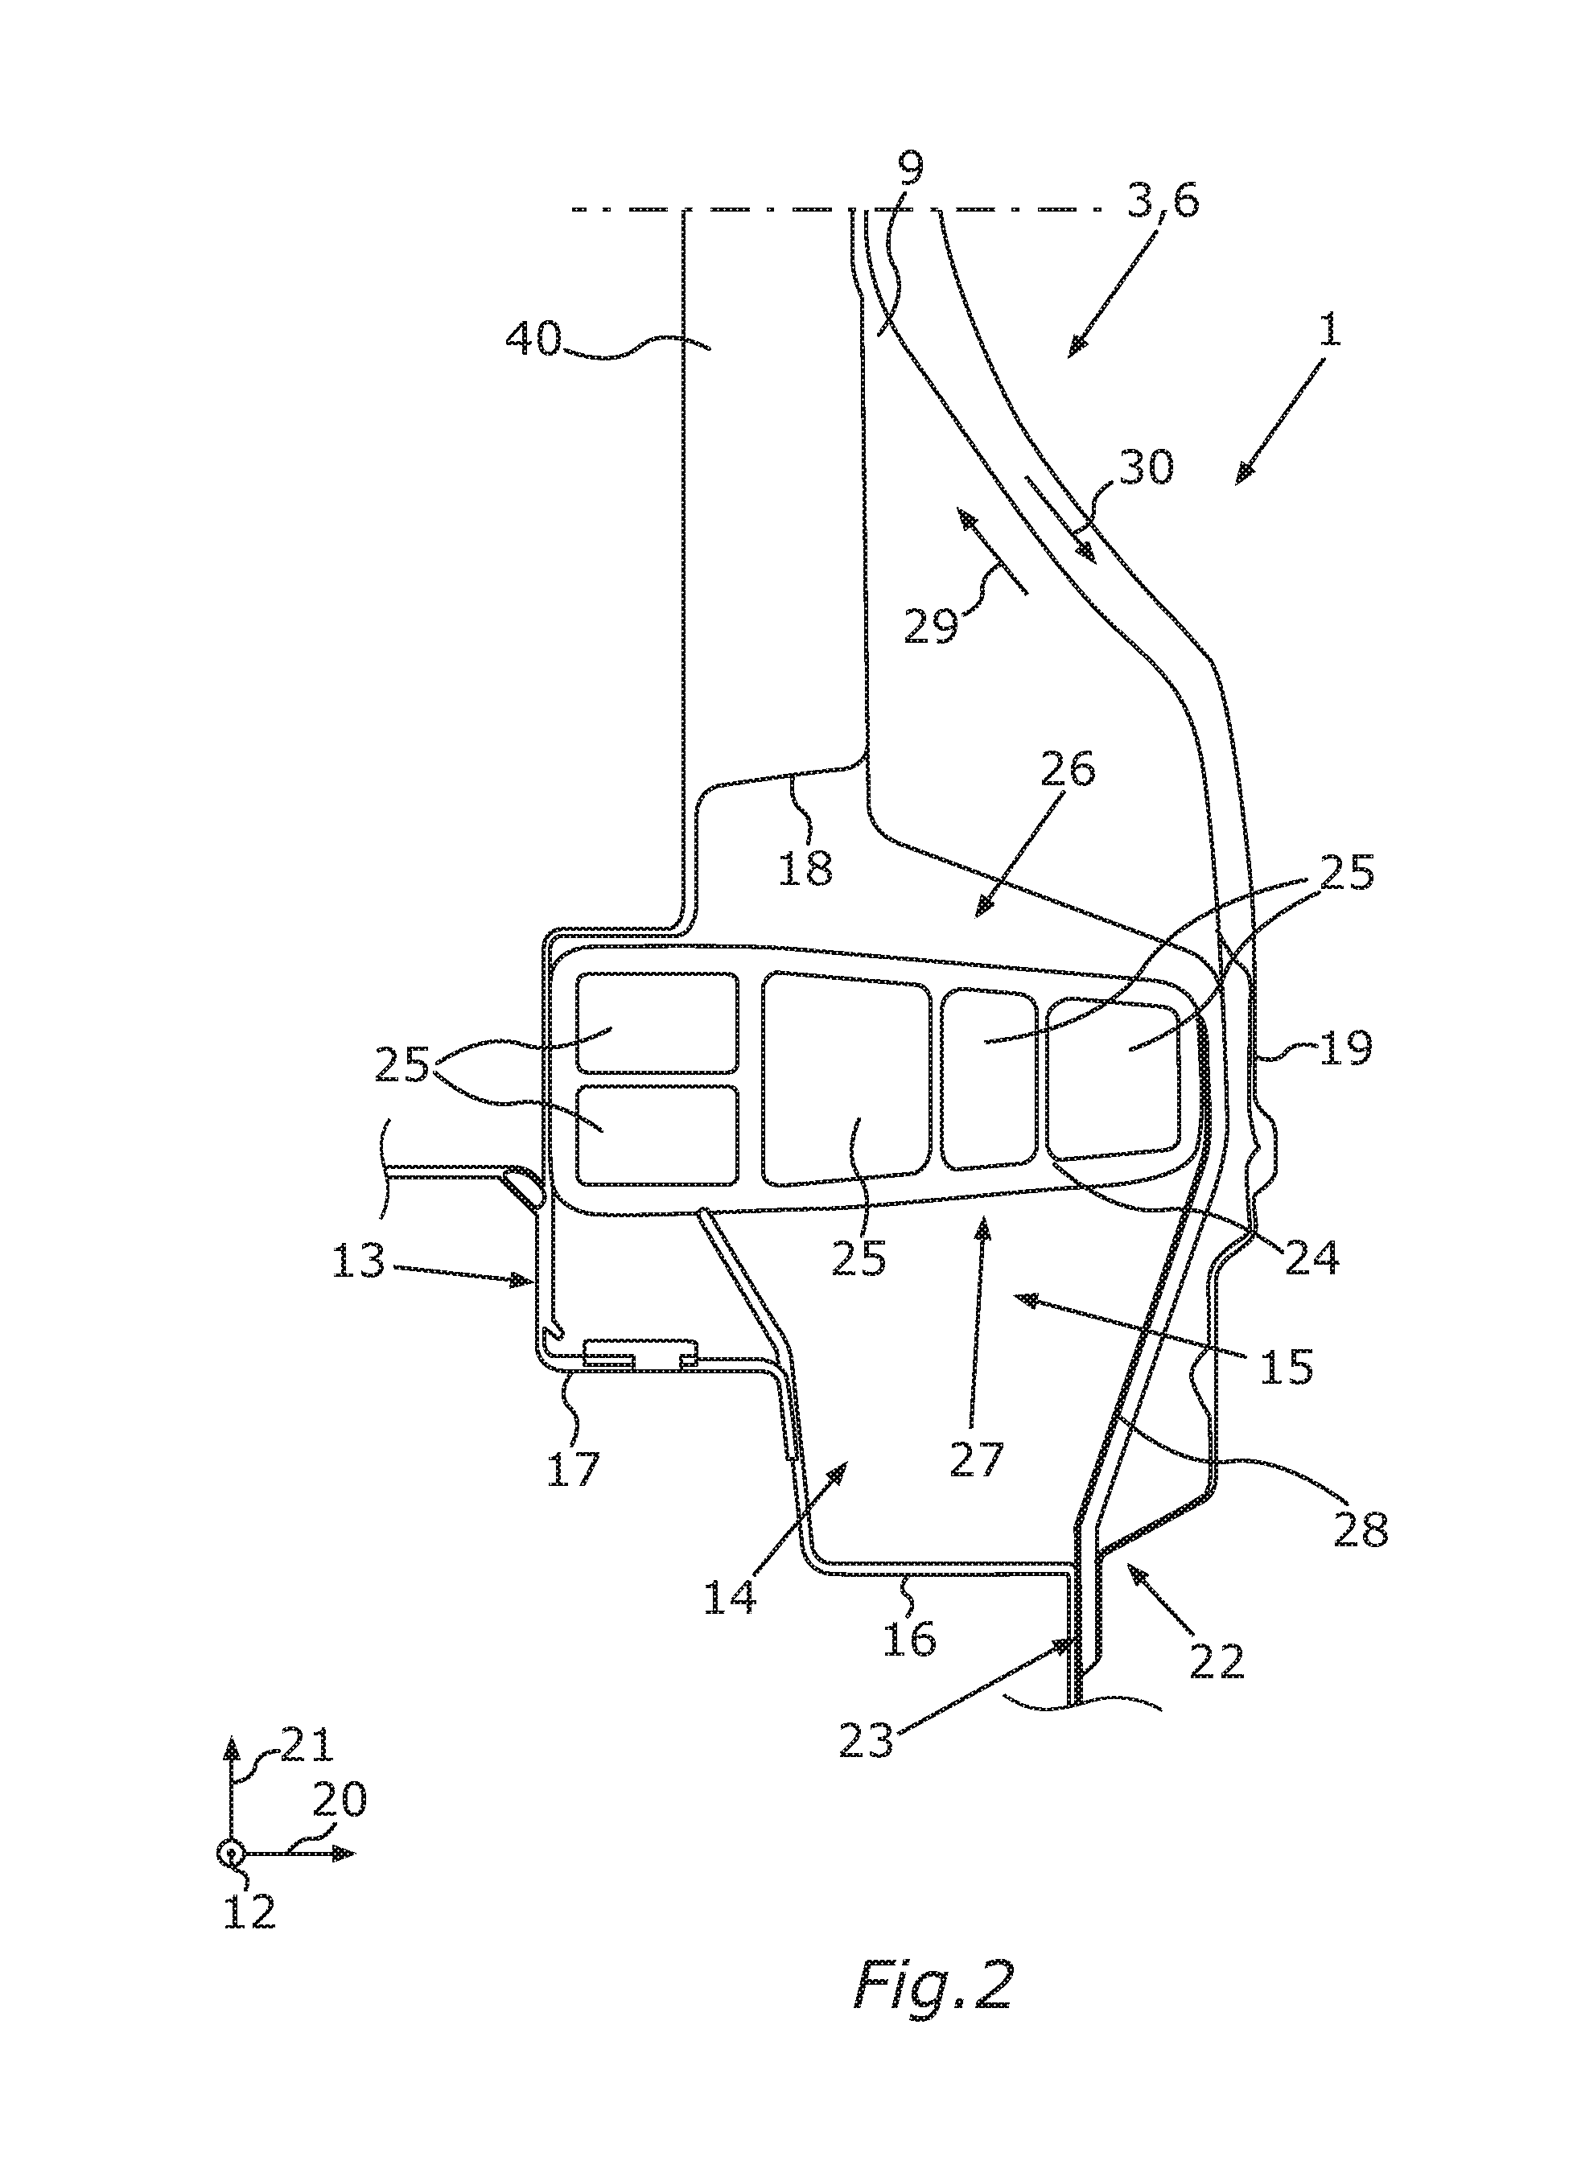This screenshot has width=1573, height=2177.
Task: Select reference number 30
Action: [1145, 467]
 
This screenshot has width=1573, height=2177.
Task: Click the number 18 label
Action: [807, 869]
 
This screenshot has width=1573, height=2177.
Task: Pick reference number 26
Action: [1066, 770]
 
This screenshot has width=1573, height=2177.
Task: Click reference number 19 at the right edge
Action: [1344, 1048]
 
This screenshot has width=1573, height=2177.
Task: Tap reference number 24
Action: [1311, 1257]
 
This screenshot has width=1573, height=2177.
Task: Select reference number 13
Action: [359, 1261]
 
